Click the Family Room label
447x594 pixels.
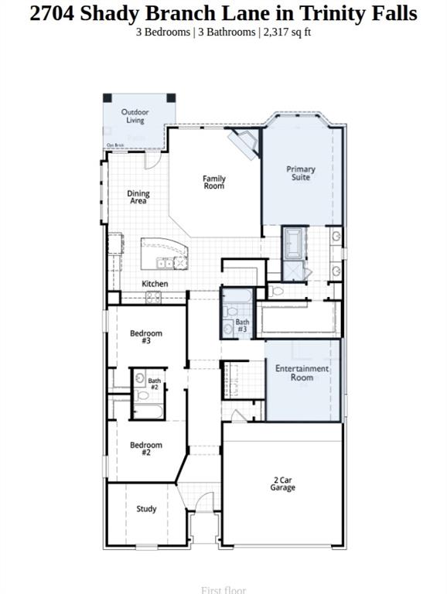(214, 183)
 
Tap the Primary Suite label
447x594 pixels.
(301, 173)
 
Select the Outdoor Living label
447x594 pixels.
(135, 116)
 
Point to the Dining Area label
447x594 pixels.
(138, 197)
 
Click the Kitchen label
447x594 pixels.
(155, 284)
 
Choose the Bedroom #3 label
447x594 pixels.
(146, 336)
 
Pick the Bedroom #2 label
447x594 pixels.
(146, 449)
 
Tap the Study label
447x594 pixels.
(146, 509)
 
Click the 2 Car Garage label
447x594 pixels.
(282, 483)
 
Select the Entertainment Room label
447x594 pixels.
(302, 373)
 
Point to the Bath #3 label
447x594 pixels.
(242, 326)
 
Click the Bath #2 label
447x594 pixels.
(155, 384)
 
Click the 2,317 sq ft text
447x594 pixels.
(288, 32)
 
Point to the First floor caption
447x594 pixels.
(223, 590)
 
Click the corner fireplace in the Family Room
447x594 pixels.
(246, 143)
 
